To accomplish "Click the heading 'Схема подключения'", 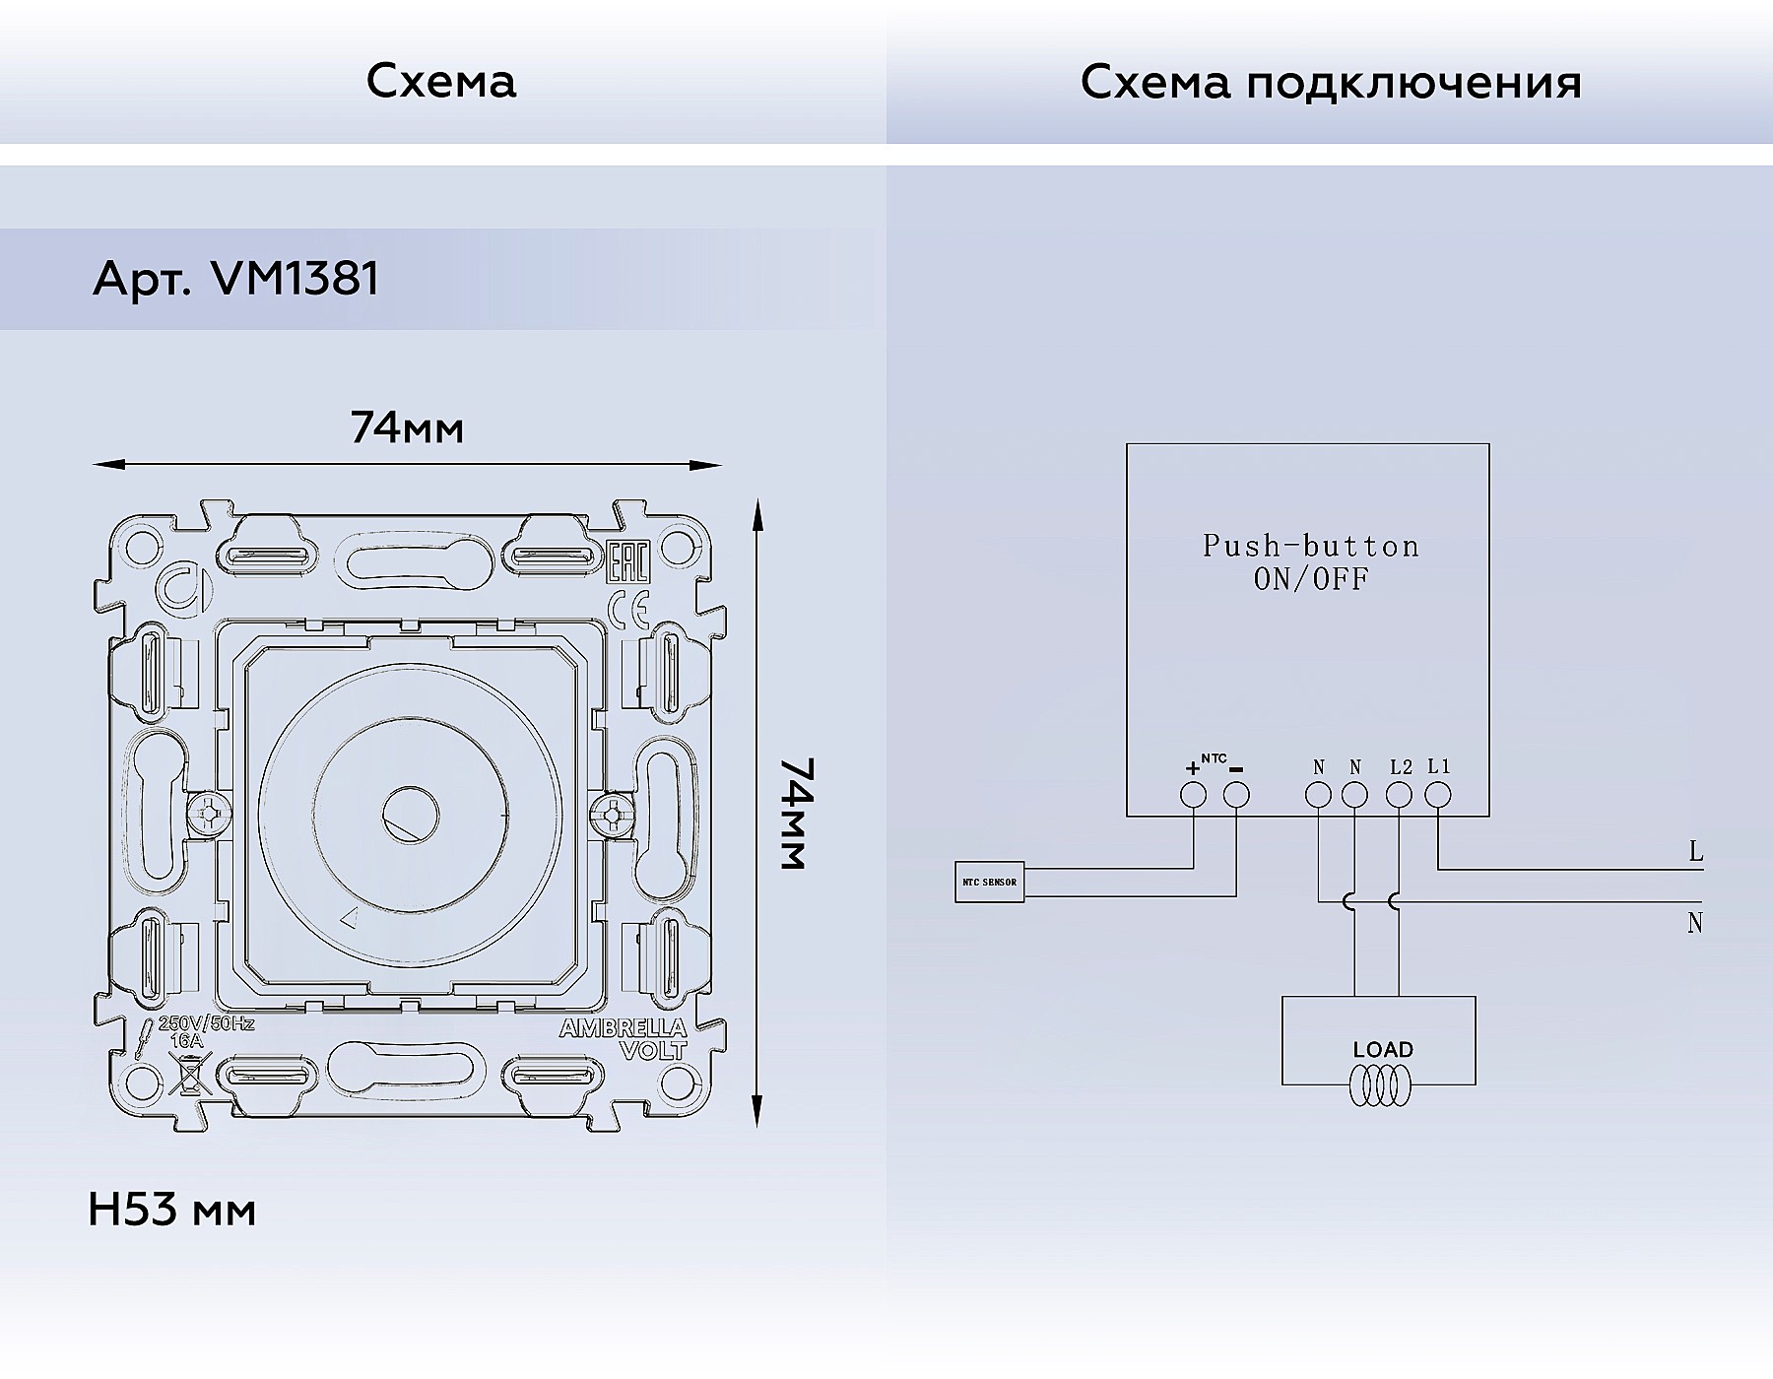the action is (x=1331, y=84).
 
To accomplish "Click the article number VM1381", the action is (x=295, y=279).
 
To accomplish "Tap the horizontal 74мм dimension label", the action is (x=407, y=427).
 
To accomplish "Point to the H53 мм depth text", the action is (x=172, y=1210).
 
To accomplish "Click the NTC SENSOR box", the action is (x=990, y=882).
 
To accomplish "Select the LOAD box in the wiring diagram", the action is (x=1379, y=1040).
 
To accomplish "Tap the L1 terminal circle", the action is (x=1438, y=795).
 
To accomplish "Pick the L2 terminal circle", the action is (x=1399, y=795).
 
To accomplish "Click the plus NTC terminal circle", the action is (x=1194, y=795).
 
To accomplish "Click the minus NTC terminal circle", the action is (x=1236, y=795).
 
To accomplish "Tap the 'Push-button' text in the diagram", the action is (x=1311, y=546).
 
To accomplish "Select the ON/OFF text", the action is (x=1311, y=578).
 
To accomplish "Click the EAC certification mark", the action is (x=626, y=564).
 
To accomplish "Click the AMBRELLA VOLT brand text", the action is (x=623, y=1038).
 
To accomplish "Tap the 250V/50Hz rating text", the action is (x=207, y=1024).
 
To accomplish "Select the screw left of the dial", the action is (x=209, y=815).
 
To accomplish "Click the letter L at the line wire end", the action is (x=1695, y=852).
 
